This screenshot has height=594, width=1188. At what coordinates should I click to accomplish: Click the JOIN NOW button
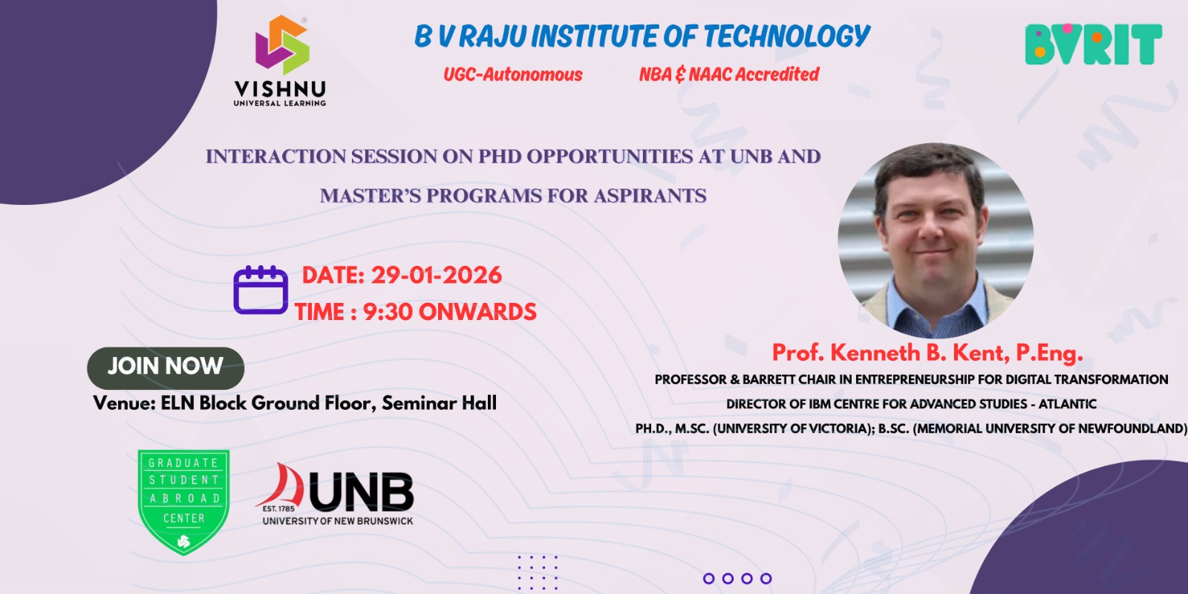click(x=166, y=368)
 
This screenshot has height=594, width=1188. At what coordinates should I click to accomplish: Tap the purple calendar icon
click(x=261, y=290)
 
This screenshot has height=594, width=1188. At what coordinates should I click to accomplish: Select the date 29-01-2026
click(x=436, y=275)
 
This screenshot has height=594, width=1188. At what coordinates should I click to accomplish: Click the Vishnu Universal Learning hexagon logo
click(x=282, y=45)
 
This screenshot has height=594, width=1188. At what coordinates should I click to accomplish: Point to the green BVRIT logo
click(x=1094, y=44)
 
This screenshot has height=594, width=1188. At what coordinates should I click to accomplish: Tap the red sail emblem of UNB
click(x=281, y=486)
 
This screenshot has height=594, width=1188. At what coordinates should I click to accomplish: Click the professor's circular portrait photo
click(x=936, y=241)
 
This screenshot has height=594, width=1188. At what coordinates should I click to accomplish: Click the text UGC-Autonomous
click(x=513, y=74)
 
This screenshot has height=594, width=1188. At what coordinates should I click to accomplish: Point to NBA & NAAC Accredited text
click(x=729, y=74)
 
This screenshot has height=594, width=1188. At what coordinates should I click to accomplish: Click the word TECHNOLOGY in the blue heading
click(x=786, y=36)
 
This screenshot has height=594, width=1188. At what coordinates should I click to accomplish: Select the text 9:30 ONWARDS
click(x=450, y=312)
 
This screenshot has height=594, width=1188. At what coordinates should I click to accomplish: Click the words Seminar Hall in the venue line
click(x=439, y=403)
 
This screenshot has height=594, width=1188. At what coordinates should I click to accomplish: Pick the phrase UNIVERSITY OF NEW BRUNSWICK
click(x=337, y=520)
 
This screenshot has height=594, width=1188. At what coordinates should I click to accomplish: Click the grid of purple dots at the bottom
click(x=538, y=572)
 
